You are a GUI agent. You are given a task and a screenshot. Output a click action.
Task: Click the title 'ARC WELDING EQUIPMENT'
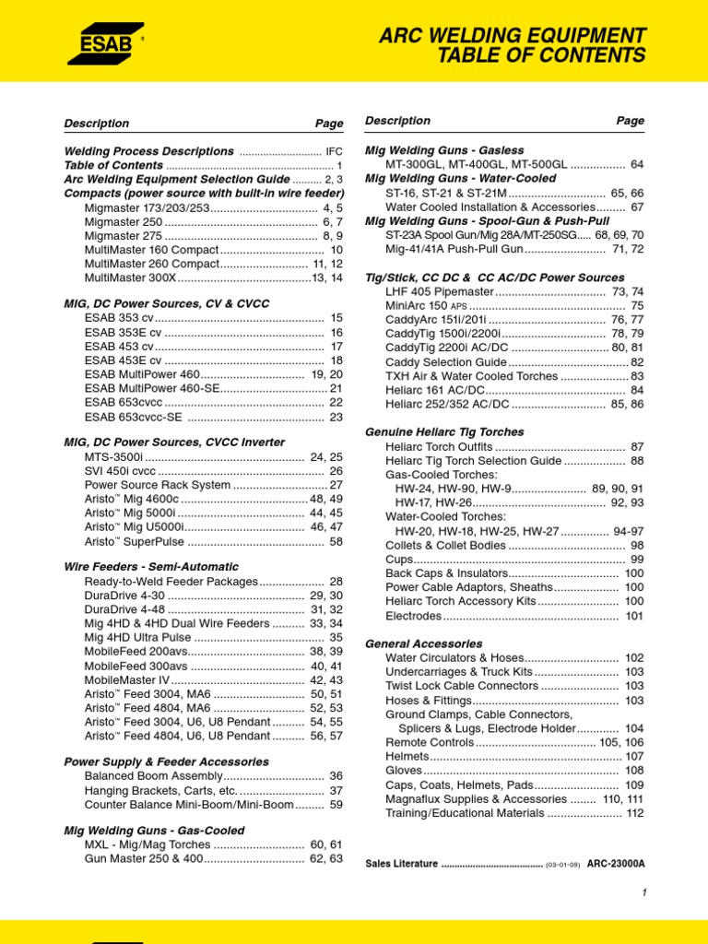pyautogui.click(x=512, y=36)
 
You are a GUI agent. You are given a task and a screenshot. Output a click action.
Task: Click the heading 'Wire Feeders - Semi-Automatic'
pyautogui.click(x=151, y=566)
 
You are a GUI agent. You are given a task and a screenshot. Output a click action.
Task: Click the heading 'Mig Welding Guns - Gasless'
pyautogui.click(x=444, y=149)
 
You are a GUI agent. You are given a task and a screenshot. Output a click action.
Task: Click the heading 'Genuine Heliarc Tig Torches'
pyautogui.click(x=444, y=431)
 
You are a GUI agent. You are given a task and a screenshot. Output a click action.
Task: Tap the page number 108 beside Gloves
pyautogui.click(x=634, y=770)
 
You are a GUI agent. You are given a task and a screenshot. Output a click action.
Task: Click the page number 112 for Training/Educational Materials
pyautogui.click(x=634, y=813)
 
